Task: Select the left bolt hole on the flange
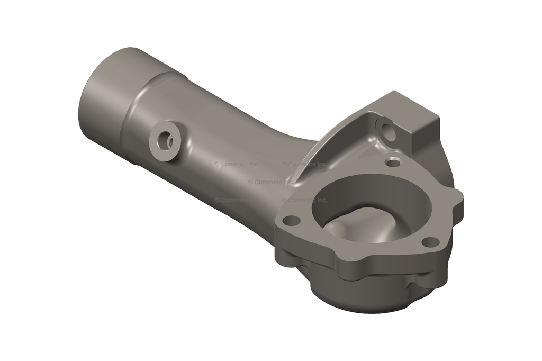point(288,219)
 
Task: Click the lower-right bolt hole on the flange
point(431,242)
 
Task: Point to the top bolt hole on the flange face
point(393,163)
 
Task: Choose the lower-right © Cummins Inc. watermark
point(304,200)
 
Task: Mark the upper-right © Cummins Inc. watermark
point(304,164)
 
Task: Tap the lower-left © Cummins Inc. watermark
point(233,200)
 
